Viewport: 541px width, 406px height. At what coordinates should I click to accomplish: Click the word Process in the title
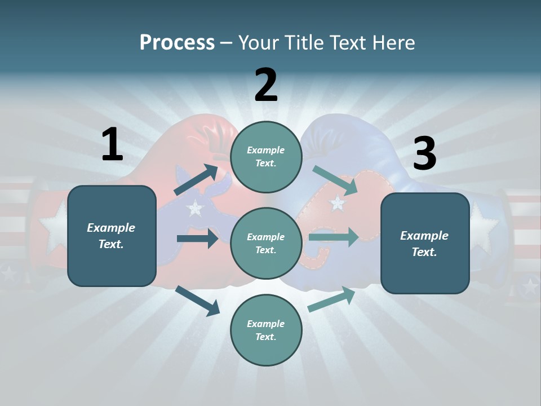click(x=177, y=43)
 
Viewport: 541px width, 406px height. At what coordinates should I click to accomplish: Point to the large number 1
click(x=112, y=145)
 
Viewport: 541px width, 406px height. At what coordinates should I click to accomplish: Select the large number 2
click(x=266, y=85)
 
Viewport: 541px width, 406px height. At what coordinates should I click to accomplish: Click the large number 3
click(x=424, y=154)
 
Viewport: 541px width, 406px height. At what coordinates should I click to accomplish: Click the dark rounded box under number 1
click(x=112, y=236)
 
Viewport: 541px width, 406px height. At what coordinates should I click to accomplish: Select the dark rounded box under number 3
click(x=425, y=243)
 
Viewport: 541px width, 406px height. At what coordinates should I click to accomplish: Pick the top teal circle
click(x=266, y=156)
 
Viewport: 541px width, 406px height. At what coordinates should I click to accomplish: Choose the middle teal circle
click(x=266, y=243)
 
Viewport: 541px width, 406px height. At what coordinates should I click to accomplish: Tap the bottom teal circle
click(x=266, y=330)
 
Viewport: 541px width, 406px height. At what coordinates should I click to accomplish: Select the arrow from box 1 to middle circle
click(x=197, y=239)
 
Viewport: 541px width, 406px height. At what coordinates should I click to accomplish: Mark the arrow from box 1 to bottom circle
click(x=198, y=301)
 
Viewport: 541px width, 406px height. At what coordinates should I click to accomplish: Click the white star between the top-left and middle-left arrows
click(x=195, y=208)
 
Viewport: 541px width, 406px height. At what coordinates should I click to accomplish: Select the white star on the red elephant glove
click(x=337, y=202)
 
